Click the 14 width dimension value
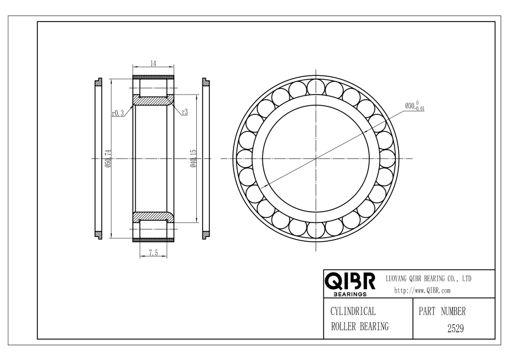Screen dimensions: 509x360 pyautogui.click(x=153, y=63)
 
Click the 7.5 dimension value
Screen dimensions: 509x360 pyautogui.click(x=153, y=252)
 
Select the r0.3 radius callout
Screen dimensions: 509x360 pyautogui.click(x=118, y=113)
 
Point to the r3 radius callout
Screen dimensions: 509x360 pyautogui.click(x=185, y=112)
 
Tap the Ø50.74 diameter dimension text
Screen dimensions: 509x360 pyautogui.click(x=109, y=158)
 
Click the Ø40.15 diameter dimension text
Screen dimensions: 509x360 pyautogui.click(x=194, y=158)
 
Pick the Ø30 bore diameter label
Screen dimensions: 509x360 pyautogui.click(x=415, y=106)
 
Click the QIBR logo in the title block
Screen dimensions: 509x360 pyautogui.click(x=350, y=281)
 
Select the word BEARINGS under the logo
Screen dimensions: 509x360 pyautogui.click(x=350, y=294)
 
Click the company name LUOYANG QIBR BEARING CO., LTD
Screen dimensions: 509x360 pyautogui.click(x=429, y=278)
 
